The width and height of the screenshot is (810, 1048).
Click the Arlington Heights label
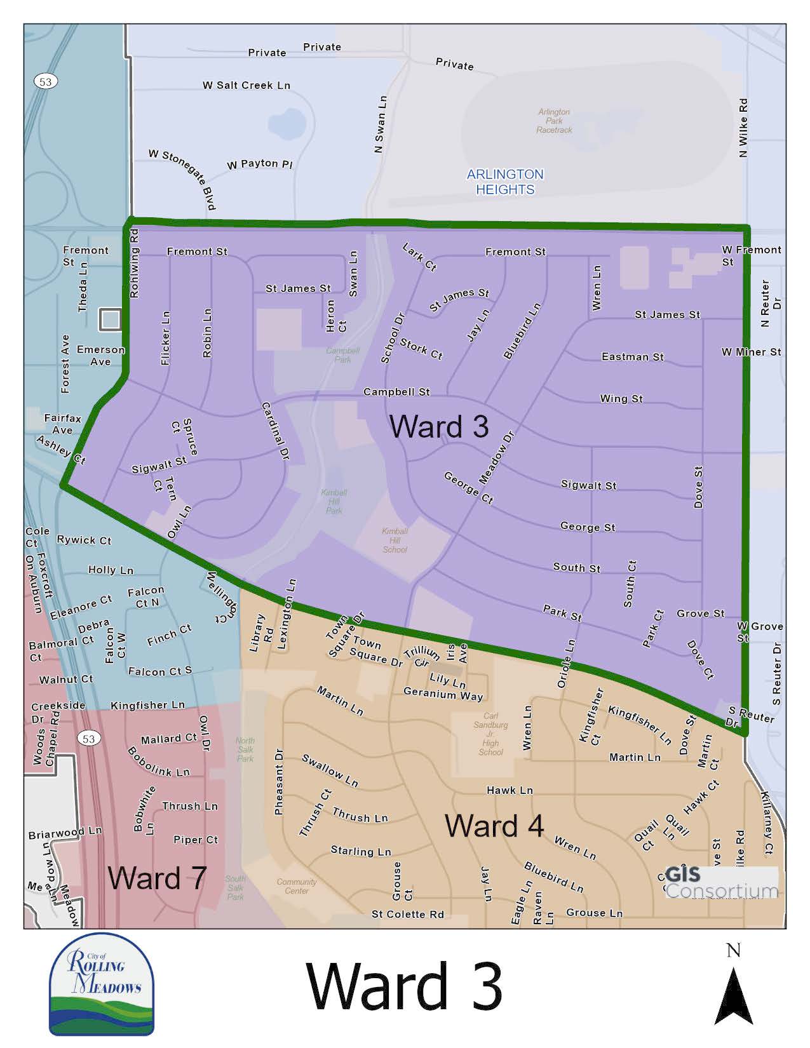pyautogui.click(x=505, y=182)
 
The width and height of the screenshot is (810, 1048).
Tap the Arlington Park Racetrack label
pyautogui.click(x=554, y=121)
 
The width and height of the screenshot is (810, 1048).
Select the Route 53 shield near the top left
pyautogui.click(x=44, y=81)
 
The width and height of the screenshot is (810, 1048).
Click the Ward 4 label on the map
pyautogui.click(x=494, y=826)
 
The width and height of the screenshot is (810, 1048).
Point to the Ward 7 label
pyautogui.click(x=157, y=878)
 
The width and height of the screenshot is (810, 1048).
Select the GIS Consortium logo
pyautogui.click(x=721, y=882)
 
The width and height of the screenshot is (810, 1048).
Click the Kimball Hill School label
pyautogui.click(x=395, y=541)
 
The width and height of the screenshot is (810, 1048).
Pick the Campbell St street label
pyautogui.click(x=396, y=392)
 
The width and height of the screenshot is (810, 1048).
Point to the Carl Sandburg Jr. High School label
pyautogui.click(x=490, y=734)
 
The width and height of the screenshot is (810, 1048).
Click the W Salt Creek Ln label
pyautogui.click(x=246, y=85)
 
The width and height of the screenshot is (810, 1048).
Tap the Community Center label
pyautogui.click(x=297, y=886)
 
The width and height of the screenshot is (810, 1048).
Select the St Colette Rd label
pyautogui.click(x=408, y=914)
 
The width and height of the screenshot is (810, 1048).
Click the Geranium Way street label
pyautogui.click(x=443, y=694)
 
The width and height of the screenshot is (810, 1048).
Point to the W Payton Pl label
pyautogui.click(x=260, y=164)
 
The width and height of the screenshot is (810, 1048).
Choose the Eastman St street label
pyautogui.click(x=632, y=356)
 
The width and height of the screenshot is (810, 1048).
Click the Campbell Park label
pyautogui.click(x=342, y=354)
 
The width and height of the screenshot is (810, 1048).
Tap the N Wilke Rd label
pyautogui.click(x=743, y=128)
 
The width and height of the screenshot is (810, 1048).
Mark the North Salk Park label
pyautogui.click(x=245, y=749)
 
